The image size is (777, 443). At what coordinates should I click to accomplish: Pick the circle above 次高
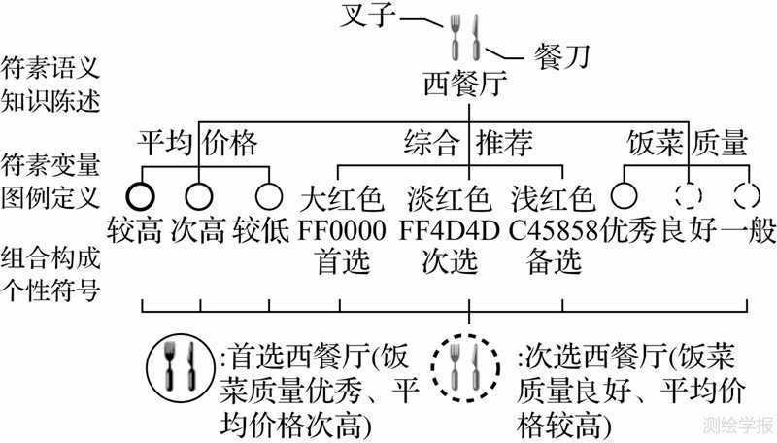[x=199, y=194]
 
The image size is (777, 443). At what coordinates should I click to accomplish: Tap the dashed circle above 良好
[x=685, y=194]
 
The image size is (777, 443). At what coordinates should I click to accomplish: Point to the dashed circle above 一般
[x=745, y=194]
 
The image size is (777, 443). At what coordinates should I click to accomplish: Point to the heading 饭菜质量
[x=687, y=144]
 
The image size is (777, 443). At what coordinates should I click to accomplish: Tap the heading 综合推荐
[x=468, y=144]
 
